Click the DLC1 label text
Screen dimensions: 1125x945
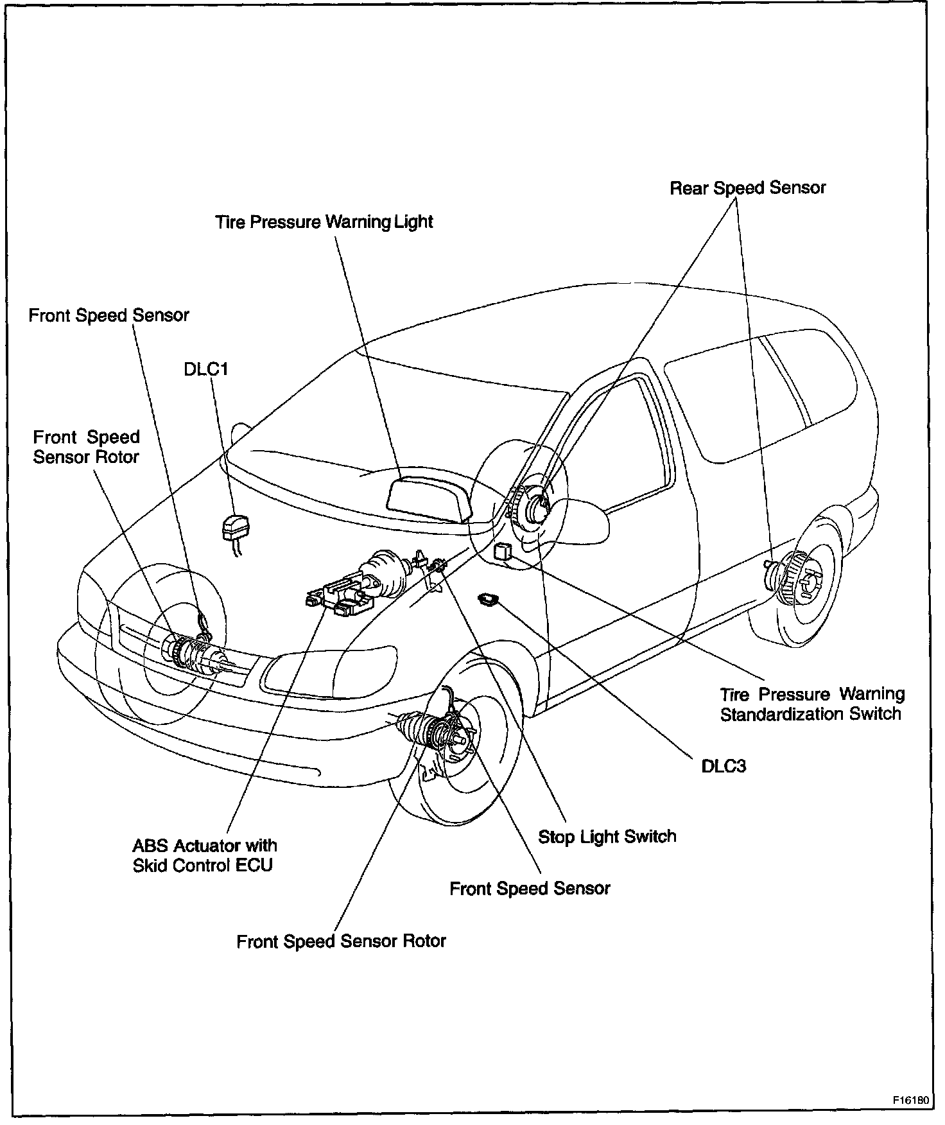pos(205,370)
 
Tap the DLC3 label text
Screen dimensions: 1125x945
pos(724,766)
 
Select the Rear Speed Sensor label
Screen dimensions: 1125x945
pos(747,188)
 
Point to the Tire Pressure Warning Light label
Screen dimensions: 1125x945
pos(324,222)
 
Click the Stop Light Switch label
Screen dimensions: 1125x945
pos(607,837)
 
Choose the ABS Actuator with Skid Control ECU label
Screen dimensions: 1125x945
pos(204,855)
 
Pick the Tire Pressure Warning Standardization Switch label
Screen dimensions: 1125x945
pos(811,704)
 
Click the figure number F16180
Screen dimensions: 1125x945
pos(910,1099)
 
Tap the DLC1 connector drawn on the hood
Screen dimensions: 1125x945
pos(235,528)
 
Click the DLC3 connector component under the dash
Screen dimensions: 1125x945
pos(490,600)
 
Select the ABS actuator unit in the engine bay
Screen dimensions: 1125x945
pos(340,596)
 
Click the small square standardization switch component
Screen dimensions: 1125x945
pos(503,551)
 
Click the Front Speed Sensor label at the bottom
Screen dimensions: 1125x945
pos(530,889)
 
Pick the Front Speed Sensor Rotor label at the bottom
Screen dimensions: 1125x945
pos(341,941)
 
